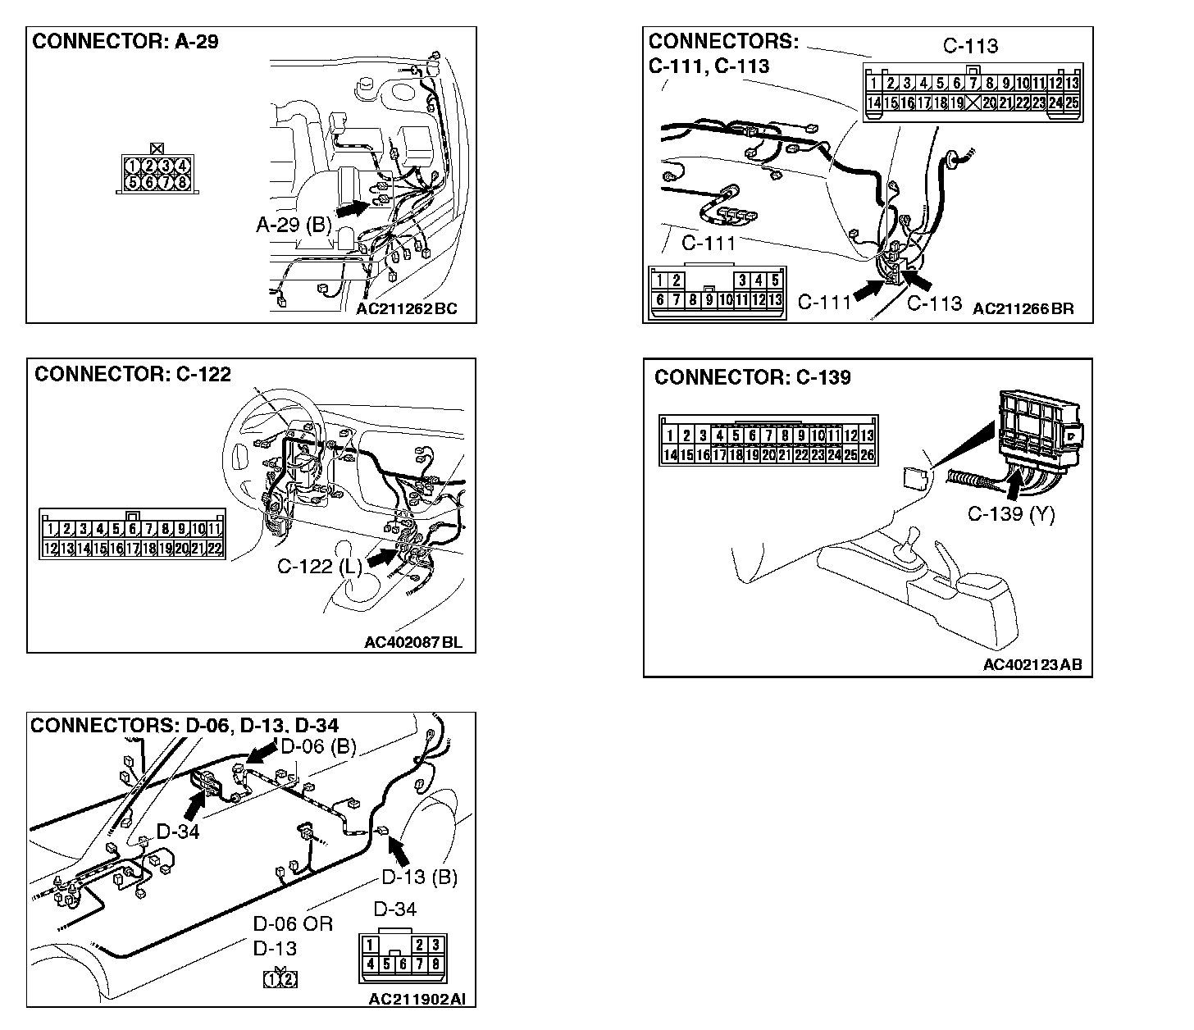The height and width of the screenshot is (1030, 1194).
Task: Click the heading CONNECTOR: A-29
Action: tap(125, 42)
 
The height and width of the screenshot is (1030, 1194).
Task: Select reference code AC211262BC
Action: tap(407, 309)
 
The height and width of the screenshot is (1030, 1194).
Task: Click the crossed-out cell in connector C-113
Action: tap(973, 103)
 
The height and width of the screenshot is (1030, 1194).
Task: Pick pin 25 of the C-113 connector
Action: tap(1072, 103)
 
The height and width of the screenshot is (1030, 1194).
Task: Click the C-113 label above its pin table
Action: tap(970, 46)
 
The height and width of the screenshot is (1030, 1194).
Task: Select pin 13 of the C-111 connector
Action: tap(775, 300)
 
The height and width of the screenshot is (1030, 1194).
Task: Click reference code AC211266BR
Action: tap(1023, 309)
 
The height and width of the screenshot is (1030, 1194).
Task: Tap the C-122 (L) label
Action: tap(319, 567)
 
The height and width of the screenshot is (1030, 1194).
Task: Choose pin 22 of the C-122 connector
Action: tap(215, 549)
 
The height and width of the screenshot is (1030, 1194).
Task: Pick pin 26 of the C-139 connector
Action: tap(867, 455)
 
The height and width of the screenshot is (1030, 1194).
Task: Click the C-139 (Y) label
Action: tap(1011, 514)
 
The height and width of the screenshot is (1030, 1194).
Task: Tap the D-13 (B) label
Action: tap(419, 877)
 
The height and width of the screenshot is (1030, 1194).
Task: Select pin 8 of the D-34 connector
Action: tap(435, 964)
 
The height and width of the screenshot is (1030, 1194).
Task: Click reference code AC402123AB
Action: tap(1032, 664)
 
